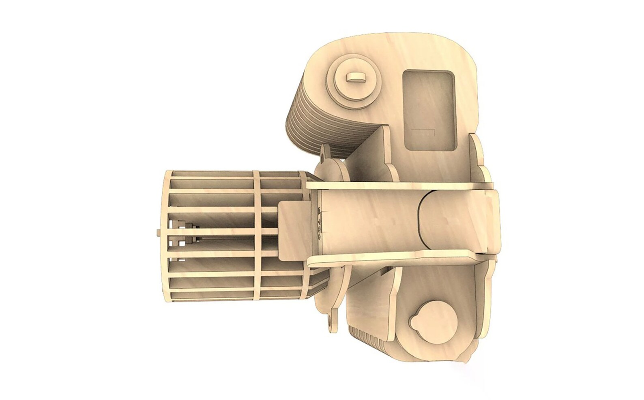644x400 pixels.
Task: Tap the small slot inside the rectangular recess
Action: pyautogui.click(x=422, y=131)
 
